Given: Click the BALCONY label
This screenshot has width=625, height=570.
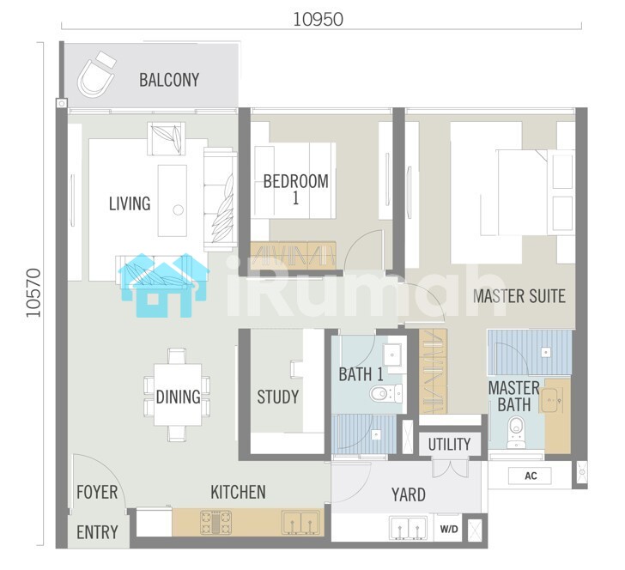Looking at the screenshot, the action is (x=169, y=80).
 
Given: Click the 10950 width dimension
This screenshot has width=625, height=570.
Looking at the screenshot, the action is (x=318, y=19).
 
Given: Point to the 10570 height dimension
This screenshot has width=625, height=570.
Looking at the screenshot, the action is (x=33, y=293).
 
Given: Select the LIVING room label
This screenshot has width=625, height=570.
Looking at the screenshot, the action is (x=130, y=203).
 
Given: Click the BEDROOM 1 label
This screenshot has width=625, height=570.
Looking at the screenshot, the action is (x=295, y=190).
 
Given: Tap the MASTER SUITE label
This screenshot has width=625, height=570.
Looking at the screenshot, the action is (x=519, y=296).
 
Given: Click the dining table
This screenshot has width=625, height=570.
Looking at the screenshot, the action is (x=178, y=395).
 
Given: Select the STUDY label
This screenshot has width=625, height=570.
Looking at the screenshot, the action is (x=278, y=397).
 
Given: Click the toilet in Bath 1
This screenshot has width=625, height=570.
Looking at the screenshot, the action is (x=385, y=393).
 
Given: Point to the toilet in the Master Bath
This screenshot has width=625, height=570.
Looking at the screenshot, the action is (x=516, y=432).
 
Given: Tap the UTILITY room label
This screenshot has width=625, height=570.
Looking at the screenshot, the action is (x=449, y=444).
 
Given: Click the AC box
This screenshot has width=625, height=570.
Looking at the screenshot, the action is (x=531, y=476).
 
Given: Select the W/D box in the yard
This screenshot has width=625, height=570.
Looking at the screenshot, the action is (x=449, y=529).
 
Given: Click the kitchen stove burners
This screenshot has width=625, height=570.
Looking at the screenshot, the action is (x=215, y=523).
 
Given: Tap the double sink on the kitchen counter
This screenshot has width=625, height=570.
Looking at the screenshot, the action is (x=301, y=523).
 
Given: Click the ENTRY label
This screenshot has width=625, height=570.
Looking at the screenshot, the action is (x=97, y=532).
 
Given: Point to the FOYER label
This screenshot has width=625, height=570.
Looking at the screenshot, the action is (x=97, y=493).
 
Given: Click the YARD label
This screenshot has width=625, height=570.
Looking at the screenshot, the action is (x=409, y=494).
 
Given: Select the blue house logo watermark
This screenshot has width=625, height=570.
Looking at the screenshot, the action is (x=163, y=285).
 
